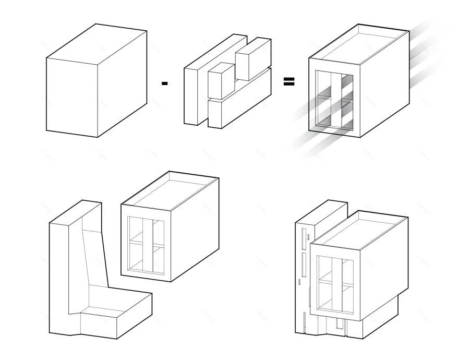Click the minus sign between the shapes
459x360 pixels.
click(165, 83)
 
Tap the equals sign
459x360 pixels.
click(288, 81)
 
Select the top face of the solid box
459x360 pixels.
click(96, 42)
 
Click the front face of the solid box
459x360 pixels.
click(72, 97)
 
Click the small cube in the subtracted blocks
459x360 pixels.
click(220, 81)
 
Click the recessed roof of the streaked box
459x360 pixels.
click(360, 47)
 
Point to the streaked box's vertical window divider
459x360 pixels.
click(335, 102)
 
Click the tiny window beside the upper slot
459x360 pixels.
click(308, 236)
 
